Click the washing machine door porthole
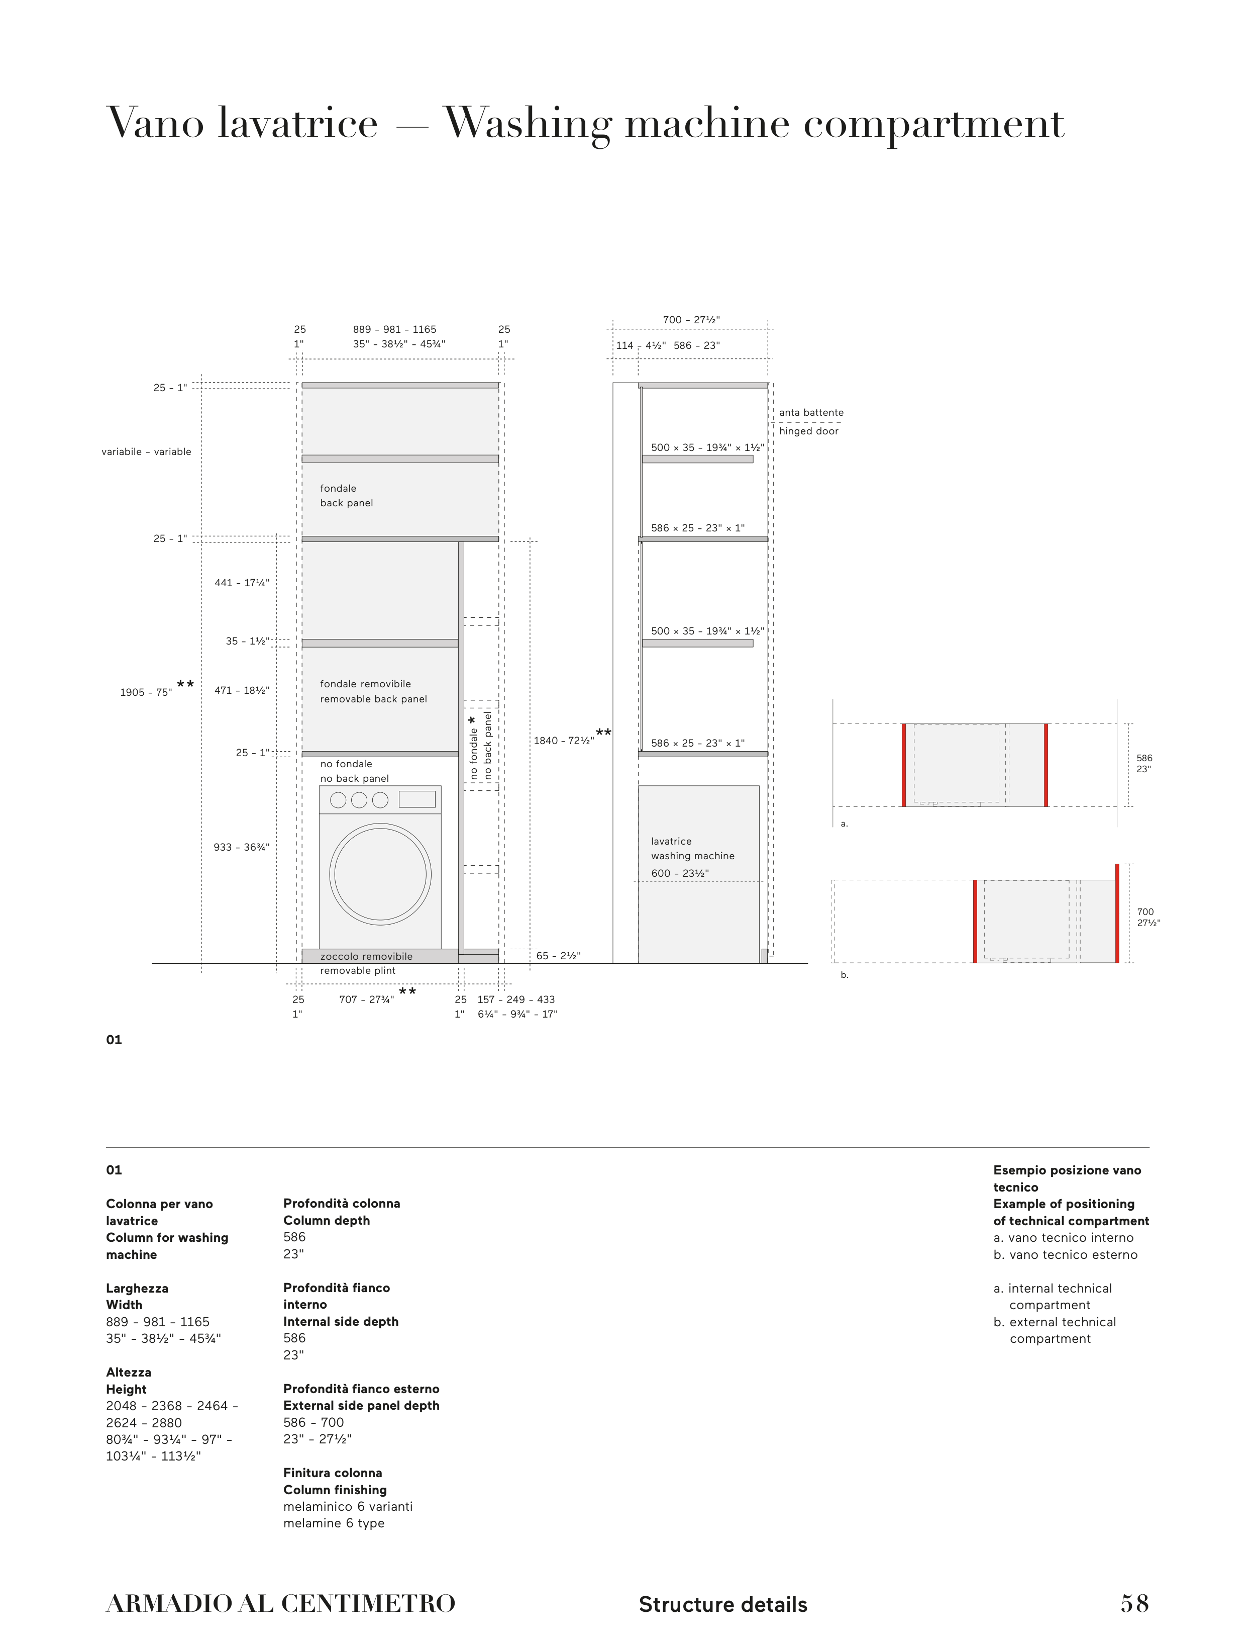380,874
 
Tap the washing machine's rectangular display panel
416,799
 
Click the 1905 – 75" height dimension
146,693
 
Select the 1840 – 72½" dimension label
564,741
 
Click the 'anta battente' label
811,413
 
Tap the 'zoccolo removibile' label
366,957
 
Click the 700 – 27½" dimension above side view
691,320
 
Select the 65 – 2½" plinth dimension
558,956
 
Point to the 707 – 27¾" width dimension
366,999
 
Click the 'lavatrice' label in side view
671,842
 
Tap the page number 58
1134,1604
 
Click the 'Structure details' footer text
722,1605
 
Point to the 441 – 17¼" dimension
242,583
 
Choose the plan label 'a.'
844,824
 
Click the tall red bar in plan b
1117,914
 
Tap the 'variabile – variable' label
147,452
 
